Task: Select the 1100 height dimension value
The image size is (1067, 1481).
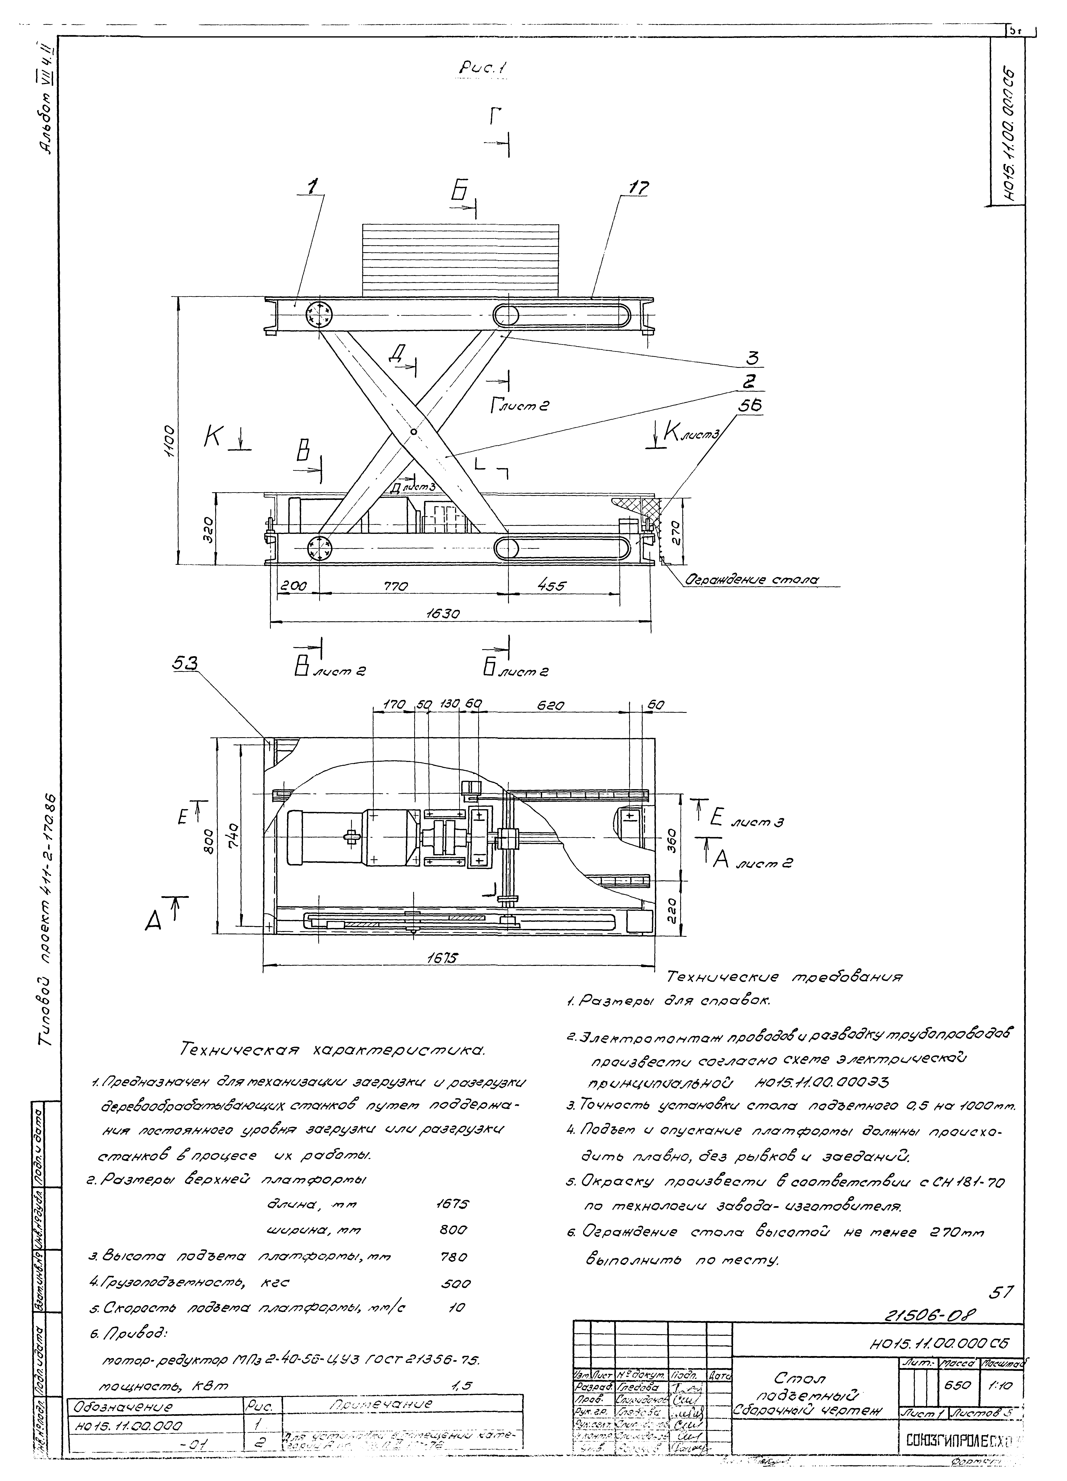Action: pos(169,442)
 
